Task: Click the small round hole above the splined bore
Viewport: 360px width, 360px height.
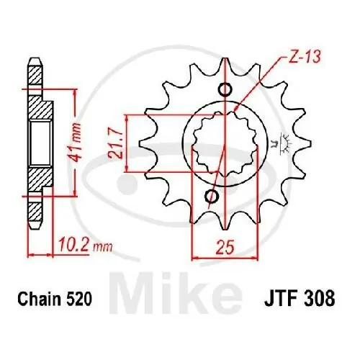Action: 226,89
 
